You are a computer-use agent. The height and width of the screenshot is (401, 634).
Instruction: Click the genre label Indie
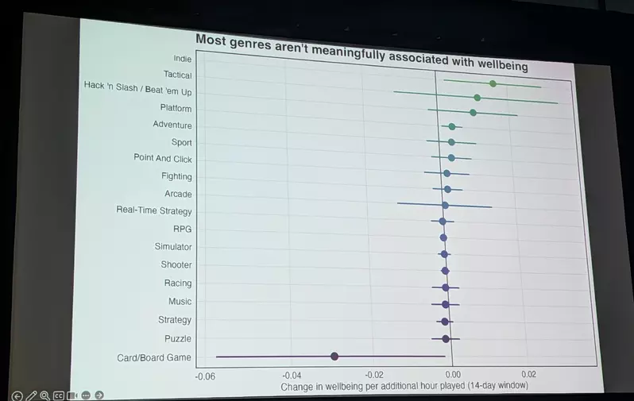[x=182, y=58]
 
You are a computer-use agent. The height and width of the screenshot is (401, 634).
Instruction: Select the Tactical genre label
[x=177, y=75]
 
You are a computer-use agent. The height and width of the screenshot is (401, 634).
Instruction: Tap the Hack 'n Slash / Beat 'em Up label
[x=137, y=89]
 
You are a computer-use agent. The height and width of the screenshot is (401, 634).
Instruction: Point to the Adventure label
[x=172, y=125]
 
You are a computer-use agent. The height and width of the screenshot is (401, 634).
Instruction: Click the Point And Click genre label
[x=163, y=159]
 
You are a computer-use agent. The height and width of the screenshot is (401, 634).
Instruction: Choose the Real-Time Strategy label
[x=154, y=210]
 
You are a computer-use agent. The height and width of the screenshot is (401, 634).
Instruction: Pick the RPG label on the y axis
[x=182, y=229]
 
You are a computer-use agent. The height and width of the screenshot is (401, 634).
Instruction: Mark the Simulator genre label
[x=173, y=247]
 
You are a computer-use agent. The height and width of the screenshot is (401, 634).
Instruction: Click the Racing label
[x=177, y=283]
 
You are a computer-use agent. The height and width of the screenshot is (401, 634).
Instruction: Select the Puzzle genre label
[x=178, y=338]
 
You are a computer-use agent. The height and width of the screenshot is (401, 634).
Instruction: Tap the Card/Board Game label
[x=154, y=357]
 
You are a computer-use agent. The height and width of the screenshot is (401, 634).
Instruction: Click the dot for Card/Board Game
[x=334, y=356]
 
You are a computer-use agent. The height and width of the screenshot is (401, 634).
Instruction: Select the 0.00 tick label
[x=453, y=373]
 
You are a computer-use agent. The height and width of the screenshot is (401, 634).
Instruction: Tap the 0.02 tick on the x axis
[x=528, y=372]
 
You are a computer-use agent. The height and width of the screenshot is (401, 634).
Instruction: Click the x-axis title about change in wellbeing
[x=404, y=386]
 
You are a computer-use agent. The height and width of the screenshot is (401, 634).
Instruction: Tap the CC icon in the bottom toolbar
[x=59, y=395]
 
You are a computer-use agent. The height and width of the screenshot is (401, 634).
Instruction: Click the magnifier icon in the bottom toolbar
[x=45, y=395]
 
